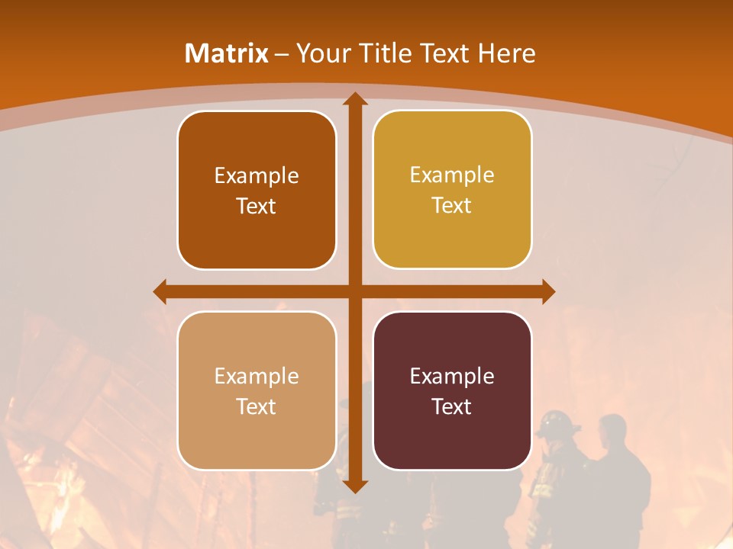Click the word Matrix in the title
[x=226, y=53]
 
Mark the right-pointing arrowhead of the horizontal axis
[x=547, y=291]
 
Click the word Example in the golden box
[x=452, y=175]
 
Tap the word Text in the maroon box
[x=452, y=406]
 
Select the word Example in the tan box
[x=257, y=376]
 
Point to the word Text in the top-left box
[x=257, y=206]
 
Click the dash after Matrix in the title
[x=282, y=54]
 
